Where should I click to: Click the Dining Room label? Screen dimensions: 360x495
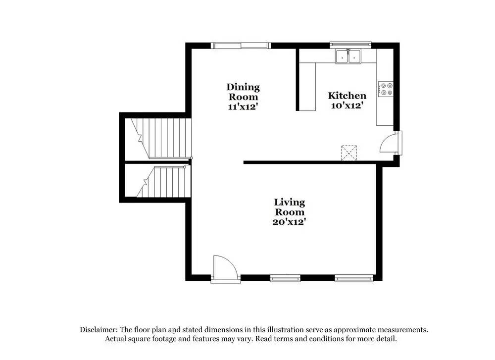pos(243,92)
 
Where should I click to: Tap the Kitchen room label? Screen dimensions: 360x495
pos(347,96)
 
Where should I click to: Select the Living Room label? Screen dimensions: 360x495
pos(290,207)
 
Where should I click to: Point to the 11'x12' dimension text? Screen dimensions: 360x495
pos(243,106)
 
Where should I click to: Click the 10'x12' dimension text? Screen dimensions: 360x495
pos(347,105)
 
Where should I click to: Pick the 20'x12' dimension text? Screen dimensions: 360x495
pos(289,222)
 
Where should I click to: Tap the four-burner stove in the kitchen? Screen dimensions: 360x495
pos(386,89)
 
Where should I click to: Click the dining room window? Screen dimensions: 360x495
pos(241,46)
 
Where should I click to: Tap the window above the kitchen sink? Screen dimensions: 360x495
pos(350,45)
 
